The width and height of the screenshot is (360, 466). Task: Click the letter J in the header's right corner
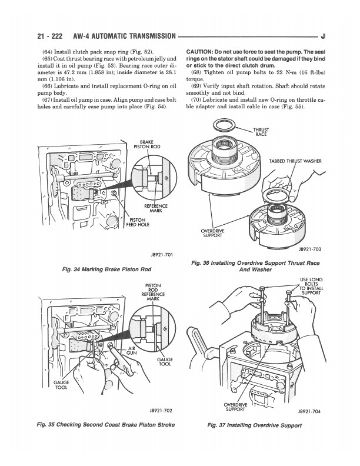click(x=325, y=37)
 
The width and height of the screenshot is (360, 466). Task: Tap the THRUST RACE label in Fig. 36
click(x=261, y=132)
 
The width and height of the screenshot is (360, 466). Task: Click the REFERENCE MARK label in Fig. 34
click(x=156, y=209)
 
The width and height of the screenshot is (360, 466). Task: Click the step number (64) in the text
click(x=49, y=52)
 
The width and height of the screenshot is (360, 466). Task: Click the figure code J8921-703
click(x=311, y=249)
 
